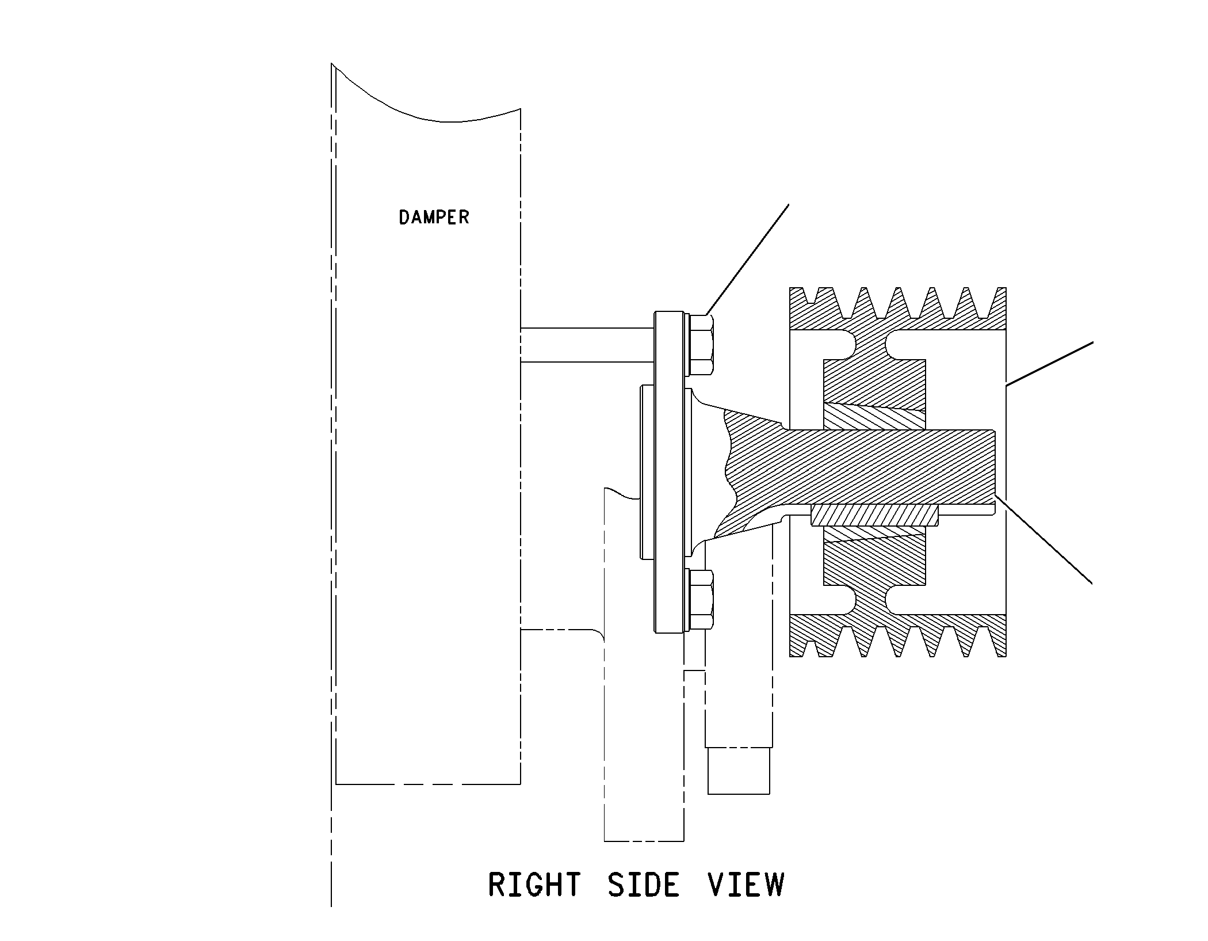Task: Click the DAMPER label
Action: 434,217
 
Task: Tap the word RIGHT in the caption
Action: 534,885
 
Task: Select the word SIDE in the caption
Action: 643,885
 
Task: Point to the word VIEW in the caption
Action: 746,885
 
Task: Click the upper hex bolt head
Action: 700,345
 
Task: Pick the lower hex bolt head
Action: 700,599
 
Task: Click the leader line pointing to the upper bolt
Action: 747,260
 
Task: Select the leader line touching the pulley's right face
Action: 1049,363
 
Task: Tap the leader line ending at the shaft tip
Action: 1044,539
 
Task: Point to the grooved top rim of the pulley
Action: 897,308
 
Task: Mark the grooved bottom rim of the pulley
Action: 897,635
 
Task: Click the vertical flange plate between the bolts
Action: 668,473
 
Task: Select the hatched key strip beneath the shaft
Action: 874,515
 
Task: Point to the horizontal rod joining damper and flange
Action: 587,345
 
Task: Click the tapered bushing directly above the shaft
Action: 875,417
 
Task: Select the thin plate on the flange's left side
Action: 647,473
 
